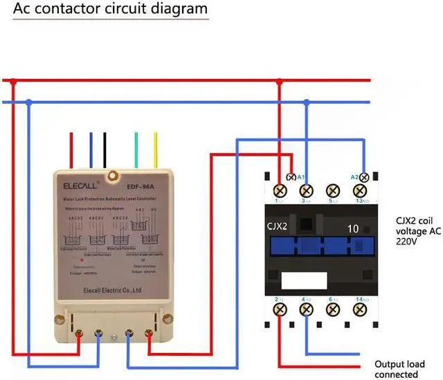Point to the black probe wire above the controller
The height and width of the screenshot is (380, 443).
(104, 149)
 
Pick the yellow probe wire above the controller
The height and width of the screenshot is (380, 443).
(156, 149)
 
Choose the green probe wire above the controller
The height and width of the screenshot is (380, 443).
(136, 149)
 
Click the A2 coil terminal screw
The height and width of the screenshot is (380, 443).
(364, 178)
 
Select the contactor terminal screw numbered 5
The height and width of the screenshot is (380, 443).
(332, 190)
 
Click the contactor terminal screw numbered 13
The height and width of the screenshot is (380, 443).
(359, 190)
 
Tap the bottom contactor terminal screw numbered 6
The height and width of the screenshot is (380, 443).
(332, 309)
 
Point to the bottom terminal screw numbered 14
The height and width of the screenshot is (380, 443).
(359, 309)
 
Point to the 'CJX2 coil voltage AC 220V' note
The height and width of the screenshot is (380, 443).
(417, 231)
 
